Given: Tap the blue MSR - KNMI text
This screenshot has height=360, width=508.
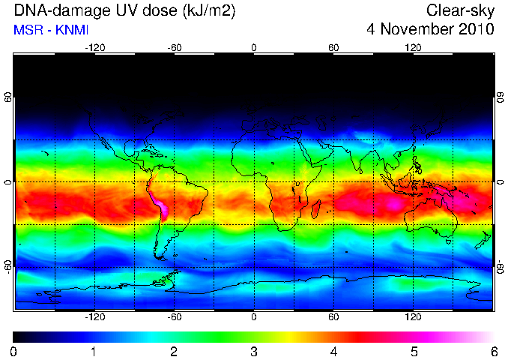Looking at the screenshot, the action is pyautogui.click(x=51, y=30).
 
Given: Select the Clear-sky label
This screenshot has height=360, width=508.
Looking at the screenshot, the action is pyautogui.click(x=460, y=10).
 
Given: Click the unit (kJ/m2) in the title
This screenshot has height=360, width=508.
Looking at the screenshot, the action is pyautogui.click(x=209, y=11).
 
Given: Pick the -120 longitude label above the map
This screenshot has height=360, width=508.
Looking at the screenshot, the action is pyautogui.click(x=95, y=48).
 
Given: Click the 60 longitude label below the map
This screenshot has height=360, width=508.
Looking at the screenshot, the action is pyautogui.click(x=333, y=316).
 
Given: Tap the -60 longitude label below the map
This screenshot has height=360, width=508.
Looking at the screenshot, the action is pyautogui.click(x=175, y=316).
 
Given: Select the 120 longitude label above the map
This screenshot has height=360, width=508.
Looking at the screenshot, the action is pyautogui.click(x=413, y=48).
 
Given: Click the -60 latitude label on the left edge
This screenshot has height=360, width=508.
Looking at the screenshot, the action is pyautogui.click(x=8, y=267).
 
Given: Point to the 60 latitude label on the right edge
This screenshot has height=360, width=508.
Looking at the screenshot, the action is pyautogui.click(x=501, y=97).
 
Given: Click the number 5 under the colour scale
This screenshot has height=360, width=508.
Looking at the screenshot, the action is pyautogui.click(x=414, y=352).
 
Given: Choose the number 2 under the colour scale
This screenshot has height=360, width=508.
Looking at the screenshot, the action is pyautogui.click(x=174, y=352).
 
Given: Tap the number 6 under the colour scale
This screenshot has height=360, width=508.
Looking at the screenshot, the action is pyautogui.click(x=494, y=352).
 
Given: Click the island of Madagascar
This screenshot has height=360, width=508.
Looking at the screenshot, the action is pyautogui.click(x=315, y=209).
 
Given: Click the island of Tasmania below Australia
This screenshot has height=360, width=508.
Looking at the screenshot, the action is pyautogui.click(x=448, y=241).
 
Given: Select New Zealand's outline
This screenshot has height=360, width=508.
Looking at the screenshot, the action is pyautogui.click(x=484, y=240).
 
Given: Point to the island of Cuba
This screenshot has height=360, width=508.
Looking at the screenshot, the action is pyautogui.click(x=152, y=153).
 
